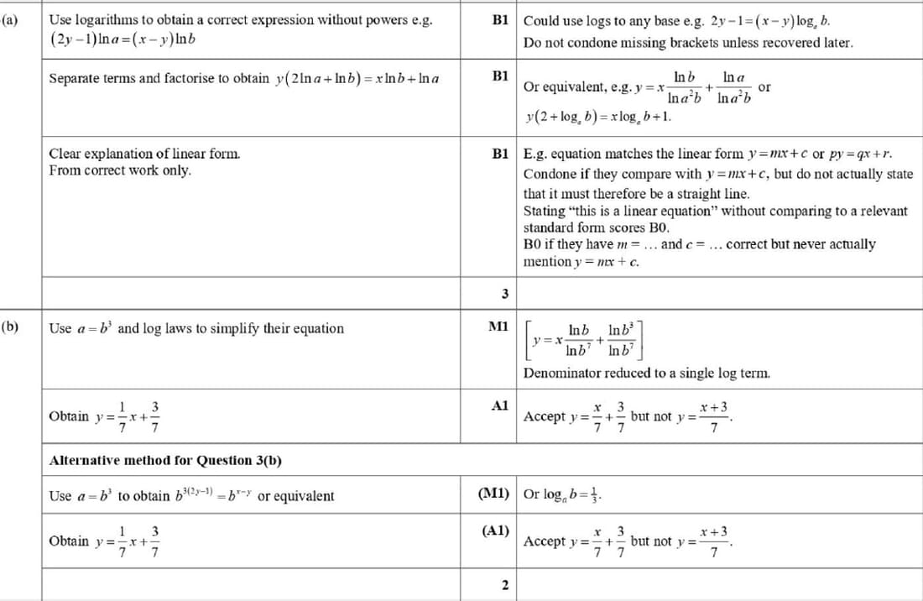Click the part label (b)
(x=11, y=327)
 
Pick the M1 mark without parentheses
(x=499, y=327)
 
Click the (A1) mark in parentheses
(x=497, y=530)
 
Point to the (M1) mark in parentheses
(x=494, y=494)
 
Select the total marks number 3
(x=504, y=293)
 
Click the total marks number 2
(x=504, y=584)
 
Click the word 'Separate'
(x=75, y=78)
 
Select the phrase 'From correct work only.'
(x=120, y=170)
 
